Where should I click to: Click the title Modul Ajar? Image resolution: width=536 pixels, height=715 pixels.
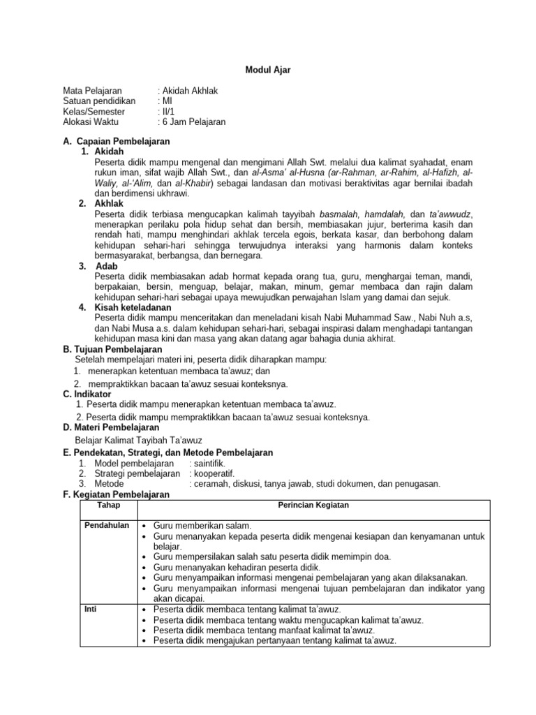pyautogui.click(x=267, y=70)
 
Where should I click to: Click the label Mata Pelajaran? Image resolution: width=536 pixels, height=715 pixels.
pyautogui.click(x=92, y=91)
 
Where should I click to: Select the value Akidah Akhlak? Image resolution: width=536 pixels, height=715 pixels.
pyautogui.click(x=191, y=91)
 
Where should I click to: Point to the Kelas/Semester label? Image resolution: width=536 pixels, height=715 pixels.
pyautogui.click(x=94, y=111)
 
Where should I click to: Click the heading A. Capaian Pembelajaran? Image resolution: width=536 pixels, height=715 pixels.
pyautogui.click(x=117, y=141)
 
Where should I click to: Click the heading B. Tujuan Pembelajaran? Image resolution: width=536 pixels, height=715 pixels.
pyautogui.click(x=112, y=349)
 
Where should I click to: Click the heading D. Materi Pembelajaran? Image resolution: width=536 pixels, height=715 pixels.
pyautogui.click(x=111, y=427)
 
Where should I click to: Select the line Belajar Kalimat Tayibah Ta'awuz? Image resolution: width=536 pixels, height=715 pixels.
pyautogui.click(x=138, y=441)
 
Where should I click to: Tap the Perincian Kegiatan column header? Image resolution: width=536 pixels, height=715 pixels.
pyautogui.click(x=313, y=505)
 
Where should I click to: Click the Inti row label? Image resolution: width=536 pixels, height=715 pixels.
pyautogui.click(x=91, y=609)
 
